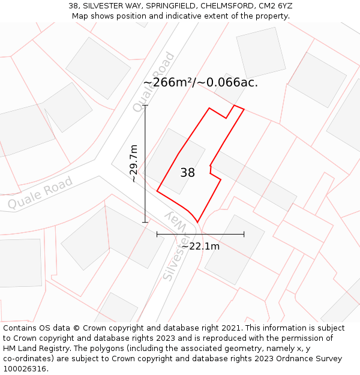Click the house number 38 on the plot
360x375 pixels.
[187, 173]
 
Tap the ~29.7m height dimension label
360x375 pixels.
[134, 163]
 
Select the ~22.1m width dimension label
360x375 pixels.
[200, 246]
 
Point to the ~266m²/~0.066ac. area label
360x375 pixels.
[200, 83]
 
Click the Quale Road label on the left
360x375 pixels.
[40, 193]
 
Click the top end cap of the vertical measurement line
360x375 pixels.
[145, 106]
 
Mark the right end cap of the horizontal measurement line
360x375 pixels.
[244, 234]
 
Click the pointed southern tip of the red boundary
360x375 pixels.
[197, 222]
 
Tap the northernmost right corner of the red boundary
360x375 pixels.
[244, 109]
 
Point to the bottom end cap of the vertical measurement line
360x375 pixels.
[145, 222]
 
